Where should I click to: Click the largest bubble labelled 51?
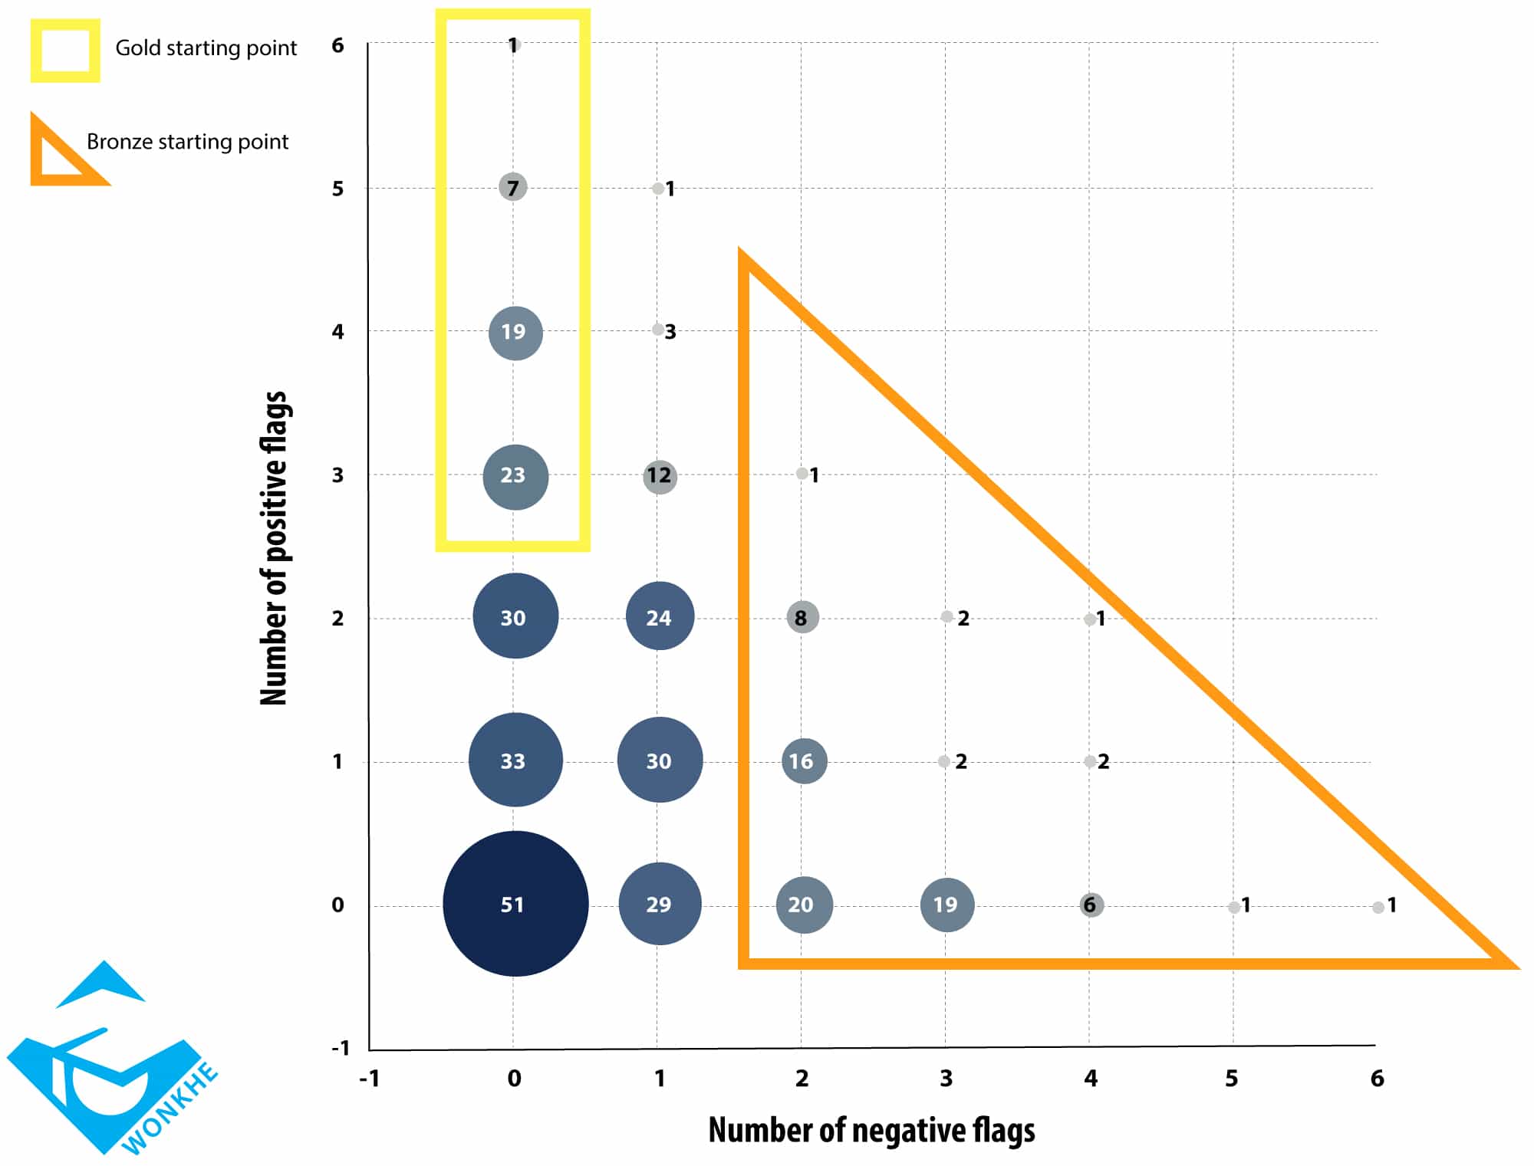(x=515, y=904)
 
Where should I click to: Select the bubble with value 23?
(x=515, y=476)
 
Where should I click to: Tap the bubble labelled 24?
(x=660, y=616)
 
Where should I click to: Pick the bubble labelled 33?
(x=515, y=760)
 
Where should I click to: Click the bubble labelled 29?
(x=660, y=904)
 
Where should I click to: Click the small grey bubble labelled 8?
(x=802, y=617)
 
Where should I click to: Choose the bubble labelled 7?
(x=513, y=187)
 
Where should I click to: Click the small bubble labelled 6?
(x=1091, y=905)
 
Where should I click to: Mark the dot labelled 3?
(x=658, y=330)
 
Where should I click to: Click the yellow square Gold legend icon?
(x=65, y=51)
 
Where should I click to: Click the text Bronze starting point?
(x=187, y=142)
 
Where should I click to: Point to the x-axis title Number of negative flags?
(x=871, y=1130)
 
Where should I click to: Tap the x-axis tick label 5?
(x=1231, y=1079)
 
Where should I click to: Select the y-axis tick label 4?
(x=337, y=331)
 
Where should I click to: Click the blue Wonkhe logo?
(x=107, y=1066)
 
